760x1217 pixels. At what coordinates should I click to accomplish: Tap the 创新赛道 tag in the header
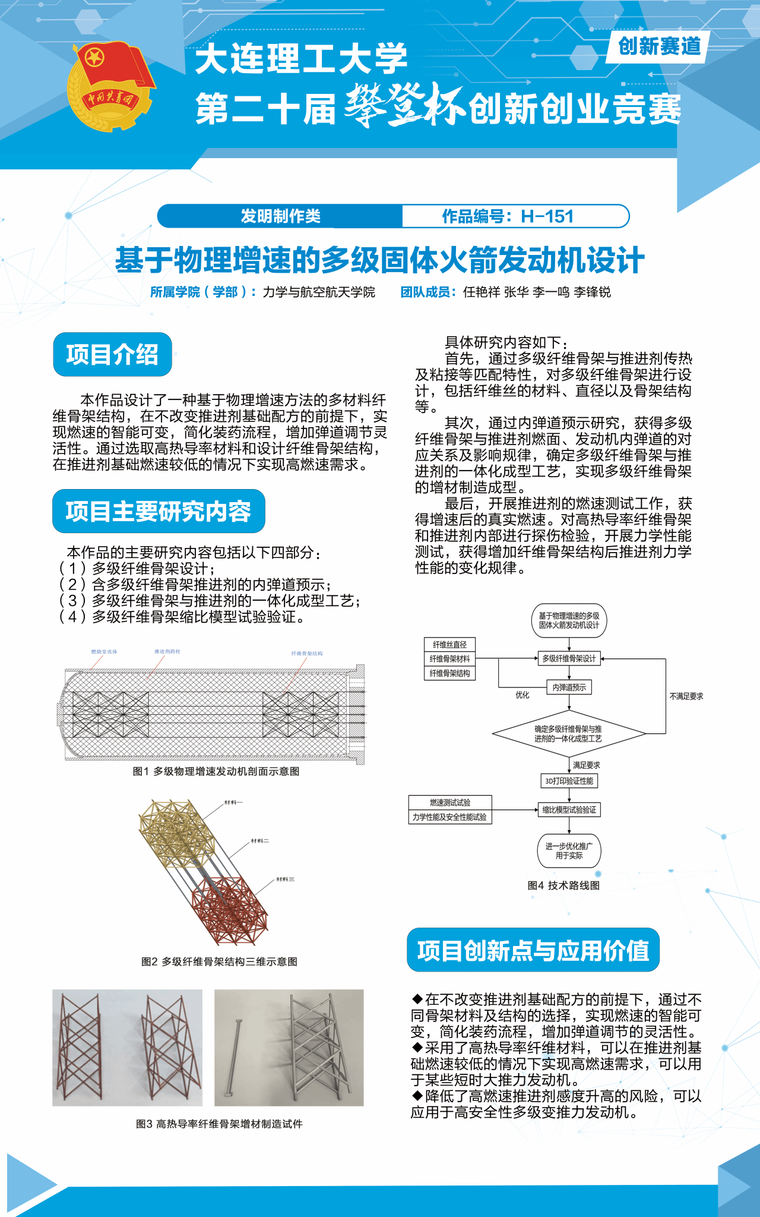(659, 46)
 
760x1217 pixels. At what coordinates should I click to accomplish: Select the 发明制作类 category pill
(280, 216)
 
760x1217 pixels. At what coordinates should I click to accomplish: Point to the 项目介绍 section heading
(112, 355)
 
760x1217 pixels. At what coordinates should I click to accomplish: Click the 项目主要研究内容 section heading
(159, 511)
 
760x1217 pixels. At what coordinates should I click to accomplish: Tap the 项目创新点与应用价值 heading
(533, 950)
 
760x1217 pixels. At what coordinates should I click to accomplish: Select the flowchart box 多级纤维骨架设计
(569, 658)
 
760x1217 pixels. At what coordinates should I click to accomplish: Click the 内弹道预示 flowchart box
(569, 688)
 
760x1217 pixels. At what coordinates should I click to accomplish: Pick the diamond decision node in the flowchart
(568, 733)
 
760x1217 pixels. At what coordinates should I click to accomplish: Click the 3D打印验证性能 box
(569, 781)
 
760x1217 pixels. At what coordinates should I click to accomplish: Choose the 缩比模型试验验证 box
(569, 810)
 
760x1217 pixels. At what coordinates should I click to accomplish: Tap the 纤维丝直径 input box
(449, 645)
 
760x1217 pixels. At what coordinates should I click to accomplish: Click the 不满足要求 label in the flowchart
(686, 696)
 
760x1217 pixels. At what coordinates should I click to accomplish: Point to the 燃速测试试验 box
(449, 803)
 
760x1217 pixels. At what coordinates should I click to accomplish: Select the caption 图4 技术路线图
(563, 885)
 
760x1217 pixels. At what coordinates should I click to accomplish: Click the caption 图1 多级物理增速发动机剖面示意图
(216, 771)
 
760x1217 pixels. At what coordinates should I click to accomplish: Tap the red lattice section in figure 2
(229, 909)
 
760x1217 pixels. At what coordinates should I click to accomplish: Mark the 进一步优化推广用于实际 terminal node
(569, 851)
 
